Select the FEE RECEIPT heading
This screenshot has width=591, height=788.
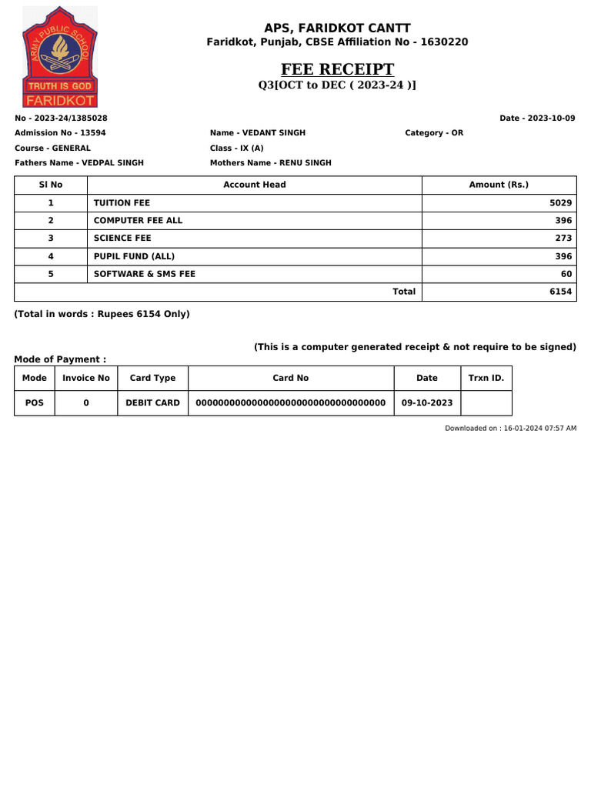(x=337, y=69)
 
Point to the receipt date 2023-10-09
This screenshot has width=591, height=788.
(x=537, y=119)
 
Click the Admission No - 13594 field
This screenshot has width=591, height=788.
(x=61, y=133)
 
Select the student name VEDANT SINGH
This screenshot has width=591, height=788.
(x=258, y=133)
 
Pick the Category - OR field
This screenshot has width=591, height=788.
(x=434, y=133)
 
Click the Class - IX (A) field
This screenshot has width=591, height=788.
(x=237, y=148)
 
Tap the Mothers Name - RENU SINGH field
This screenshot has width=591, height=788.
(x=271, y=163)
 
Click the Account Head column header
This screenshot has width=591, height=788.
(x=254, y=185)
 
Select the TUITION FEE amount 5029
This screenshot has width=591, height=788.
(x=560, y=203)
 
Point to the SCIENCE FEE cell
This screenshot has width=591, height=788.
(x=122, y=239)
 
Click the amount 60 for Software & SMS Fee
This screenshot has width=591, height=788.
(x=566, y=274)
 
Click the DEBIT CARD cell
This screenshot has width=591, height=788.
(x=152, y=402)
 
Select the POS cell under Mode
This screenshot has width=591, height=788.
(x=35, y=402)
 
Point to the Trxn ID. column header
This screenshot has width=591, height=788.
(x=486, y=378)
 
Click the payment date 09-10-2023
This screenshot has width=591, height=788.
(x=427, y=402)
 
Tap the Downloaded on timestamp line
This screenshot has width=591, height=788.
(x=510, y=428)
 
